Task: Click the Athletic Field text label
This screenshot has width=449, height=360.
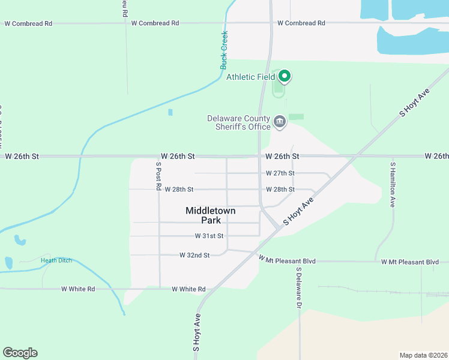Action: tap(250, 76)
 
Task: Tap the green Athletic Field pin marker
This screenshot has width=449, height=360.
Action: tap(285, 76)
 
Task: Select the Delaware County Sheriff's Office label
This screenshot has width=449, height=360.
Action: tap(239, 122)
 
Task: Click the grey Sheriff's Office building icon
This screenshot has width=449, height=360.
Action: tap(280, 122)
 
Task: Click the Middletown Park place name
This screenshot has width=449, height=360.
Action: tap(210, 215)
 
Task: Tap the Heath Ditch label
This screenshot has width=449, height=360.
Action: tap(56, 260)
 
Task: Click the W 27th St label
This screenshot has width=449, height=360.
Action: tap(280, 173)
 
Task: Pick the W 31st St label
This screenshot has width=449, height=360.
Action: tap(209, 236)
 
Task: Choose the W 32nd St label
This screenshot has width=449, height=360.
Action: tap(194, 255)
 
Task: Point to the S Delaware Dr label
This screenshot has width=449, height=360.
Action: tap(298, 288)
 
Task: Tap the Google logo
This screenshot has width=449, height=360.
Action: tap(20, 353)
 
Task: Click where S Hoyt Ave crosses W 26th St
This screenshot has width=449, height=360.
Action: tap(357, 156)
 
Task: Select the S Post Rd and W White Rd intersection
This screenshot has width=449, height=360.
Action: tap(160, 289)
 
